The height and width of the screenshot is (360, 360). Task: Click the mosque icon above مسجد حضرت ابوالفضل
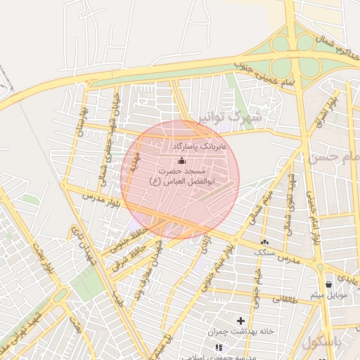[181, 162]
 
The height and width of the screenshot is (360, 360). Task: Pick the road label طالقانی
[288, 298]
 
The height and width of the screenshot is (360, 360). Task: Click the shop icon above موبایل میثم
[328, 284]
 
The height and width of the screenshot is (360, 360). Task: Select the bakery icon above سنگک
[264, 241]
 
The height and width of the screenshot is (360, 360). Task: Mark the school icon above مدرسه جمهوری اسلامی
[218, 347]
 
